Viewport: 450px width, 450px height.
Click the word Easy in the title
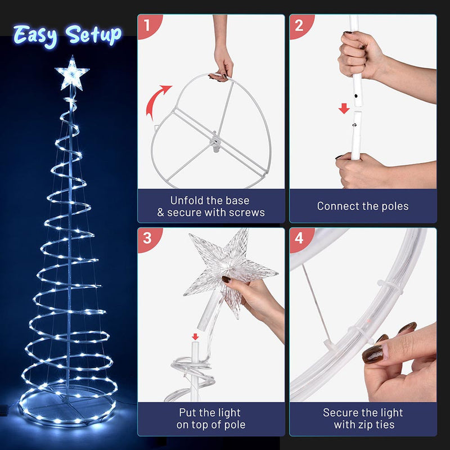(37, 35)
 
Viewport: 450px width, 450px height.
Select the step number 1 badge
(147, 25)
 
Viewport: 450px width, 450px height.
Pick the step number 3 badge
(147, 238)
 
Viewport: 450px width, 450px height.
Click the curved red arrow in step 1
(157, 101)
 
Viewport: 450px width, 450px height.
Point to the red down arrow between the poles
(344, 108)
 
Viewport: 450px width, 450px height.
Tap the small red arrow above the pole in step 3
(195, 337)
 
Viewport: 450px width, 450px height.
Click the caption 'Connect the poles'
(363, 206)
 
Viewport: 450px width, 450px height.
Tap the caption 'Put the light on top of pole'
(211, 418)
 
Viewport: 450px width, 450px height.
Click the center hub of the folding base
(214, 137)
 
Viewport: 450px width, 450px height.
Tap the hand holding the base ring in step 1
(223, 62)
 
